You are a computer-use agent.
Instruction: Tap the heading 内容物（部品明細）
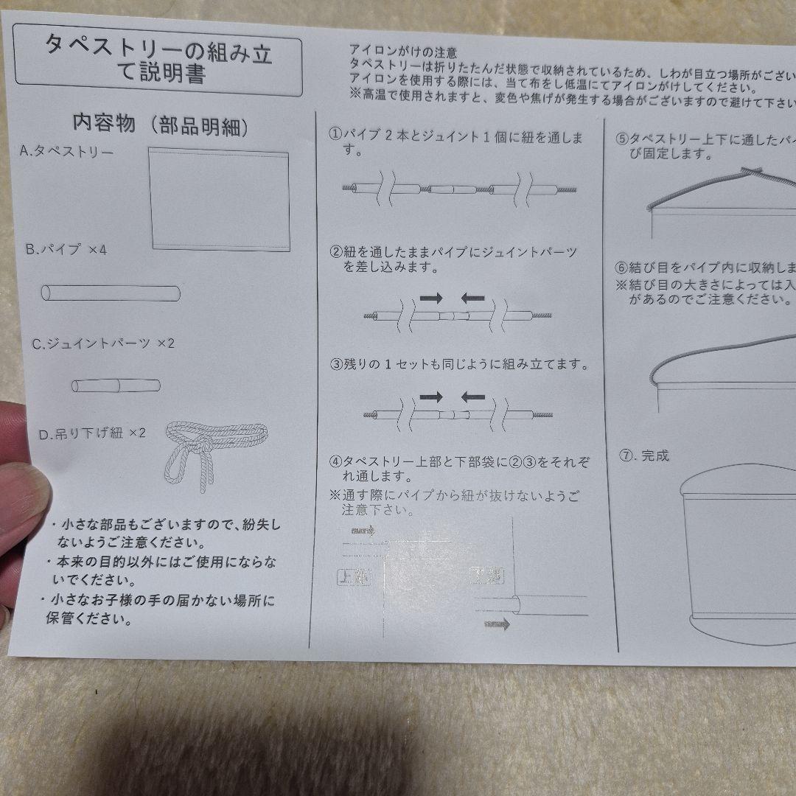click(x=159, y=124)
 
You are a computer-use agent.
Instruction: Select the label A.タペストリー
click(x=66, y=153)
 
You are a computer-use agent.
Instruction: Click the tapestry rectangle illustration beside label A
click(x=218, y=199)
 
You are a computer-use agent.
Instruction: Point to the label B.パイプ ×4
click(x=66, y=250)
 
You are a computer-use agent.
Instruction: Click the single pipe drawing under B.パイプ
click(x=111, y=293)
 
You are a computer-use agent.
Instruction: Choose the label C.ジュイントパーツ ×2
click(x=102, y=343)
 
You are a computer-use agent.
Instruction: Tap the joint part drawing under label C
click(x=116, y=385)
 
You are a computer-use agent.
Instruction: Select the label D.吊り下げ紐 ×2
click(x=93, y=433)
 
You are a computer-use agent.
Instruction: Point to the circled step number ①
click(x=335, y=136)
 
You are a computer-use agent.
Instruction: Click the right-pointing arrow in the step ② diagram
click(x=432, y=297)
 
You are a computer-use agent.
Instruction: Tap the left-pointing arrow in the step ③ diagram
click(x=473, y=397)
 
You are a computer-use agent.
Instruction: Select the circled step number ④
click(x=335, y=462)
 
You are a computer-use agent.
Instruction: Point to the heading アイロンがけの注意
click(x=403, y=52)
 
